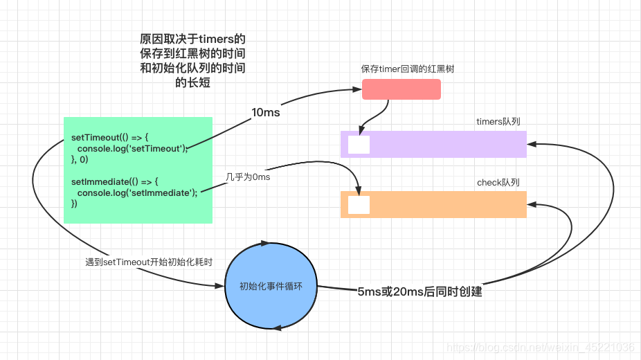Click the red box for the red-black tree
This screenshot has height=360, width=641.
point(401,89)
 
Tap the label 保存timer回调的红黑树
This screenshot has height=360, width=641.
point(407,69)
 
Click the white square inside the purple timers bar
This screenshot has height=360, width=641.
point(359,145)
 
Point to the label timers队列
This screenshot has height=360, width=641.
point(498,122)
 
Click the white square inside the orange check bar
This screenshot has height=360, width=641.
point(359,205)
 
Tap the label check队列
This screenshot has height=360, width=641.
point(498,183)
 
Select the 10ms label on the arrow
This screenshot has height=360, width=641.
point(265,112)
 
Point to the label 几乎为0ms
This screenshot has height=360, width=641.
point(247,177)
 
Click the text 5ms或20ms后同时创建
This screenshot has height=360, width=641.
point(419,291)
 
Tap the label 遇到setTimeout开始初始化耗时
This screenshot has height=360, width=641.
point(148,262)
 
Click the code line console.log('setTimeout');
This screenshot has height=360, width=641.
point(132,148)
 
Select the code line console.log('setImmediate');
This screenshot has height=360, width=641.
point(137,192)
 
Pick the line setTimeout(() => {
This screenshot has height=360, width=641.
point(110,137)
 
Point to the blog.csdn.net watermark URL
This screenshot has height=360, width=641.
point(541,347)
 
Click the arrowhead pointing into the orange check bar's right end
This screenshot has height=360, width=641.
point(531,204)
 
